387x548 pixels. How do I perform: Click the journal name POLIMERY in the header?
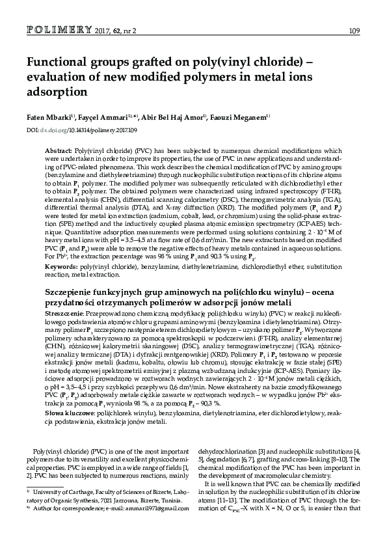click(56, 30)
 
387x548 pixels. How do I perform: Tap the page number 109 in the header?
click(355, 31)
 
